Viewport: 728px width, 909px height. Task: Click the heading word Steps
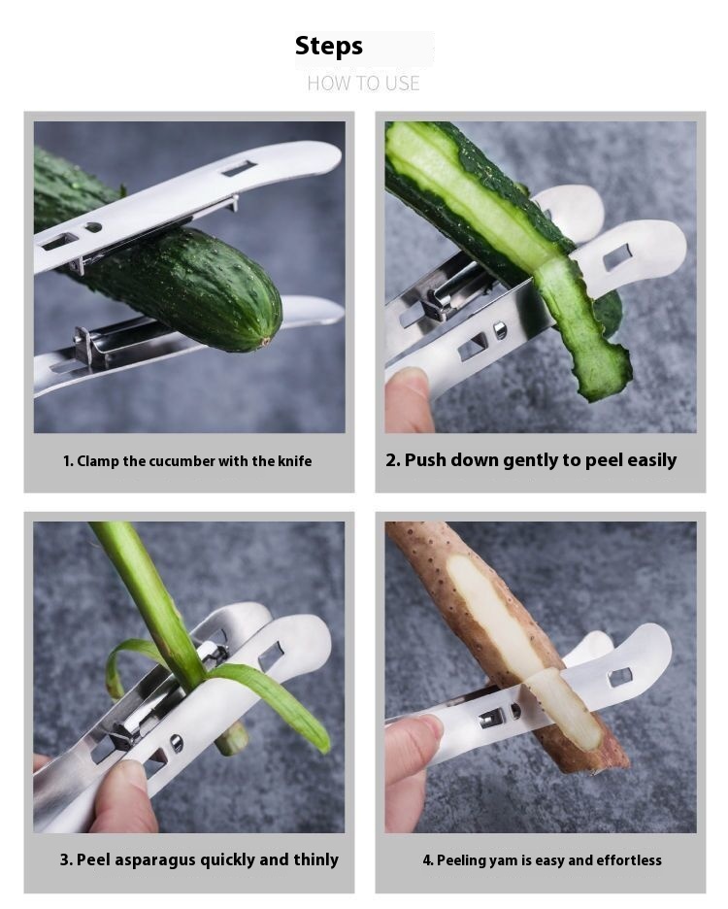tap(329, 47)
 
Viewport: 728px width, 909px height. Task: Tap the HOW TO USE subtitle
tap(363, 84)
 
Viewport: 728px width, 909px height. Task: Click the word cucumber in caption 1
tap(182, 461)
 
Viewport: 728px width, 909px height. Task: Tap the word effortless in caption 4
tap(629, 860)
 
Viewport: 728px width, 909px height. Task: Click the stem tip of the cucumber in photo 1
tap(265, 342)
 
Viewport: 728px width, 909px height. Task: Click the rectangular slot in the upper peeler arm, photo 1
tap(240, 169)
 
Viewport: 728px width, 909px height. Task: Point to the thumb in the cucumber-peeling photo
tap(408, 399)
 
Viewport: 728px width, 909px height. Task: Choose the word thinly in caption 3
tap(315, 860)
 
